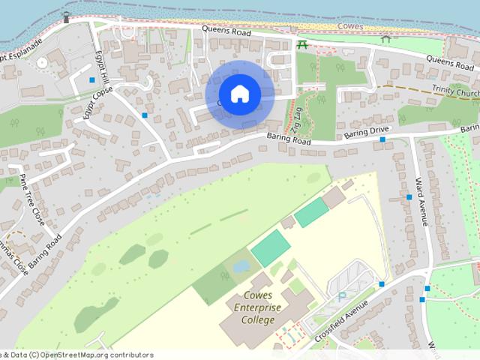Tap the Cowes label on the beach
pyautogui.click(x=351, y=26)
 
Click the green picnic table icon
pyautogui.click(x=302, y=45)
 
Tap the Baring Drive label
pyautogui.click(x=364, y=133)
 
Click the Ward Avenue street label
pyautogui.click(x=421, y=201)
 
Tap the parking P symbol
pyautogui.click(x=343, y=296)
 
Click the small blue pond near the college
pyautogui.click(x=241, y=265)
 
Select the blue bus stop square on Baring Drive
pyautogui.click(x=382, y=139)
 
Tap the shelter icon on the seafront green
pyautogui.click(x=385, y=38)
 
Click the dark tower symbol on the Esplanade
pyautogui.click(x=66, y=16)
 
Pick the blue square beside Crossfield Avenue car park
pyautogui.click(x=382, y=284)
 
